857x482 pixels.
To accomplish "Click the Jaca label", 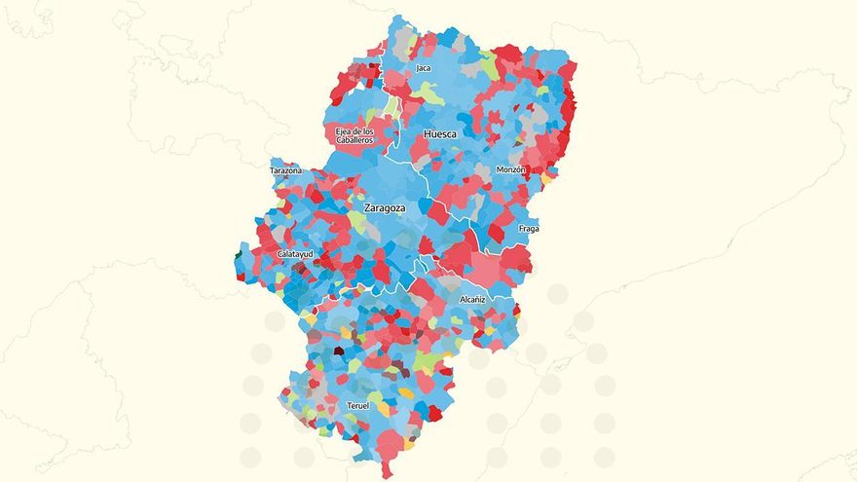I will pyautogui.click(x=423, y=68).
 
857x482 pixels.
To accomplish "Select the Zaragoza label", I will pyautogui.click(x=384, y=208).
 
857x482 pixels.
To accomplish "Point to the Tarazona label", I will pyautogui.click(x=285, y=171).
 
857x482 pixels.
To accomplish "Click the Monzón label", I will pyautogui.click(x=511, y=170).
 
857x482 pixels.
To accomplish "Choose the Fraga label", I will pyautogui.click(x=529, y=229).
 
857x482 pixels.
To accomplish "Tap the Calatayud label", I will pyautogui.click(x=295, y=254).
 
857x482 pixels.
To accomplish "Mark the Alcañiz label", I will pyautogui.click(x=472, y=300).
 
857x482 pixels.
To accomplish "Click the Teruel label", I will pyautogui.click(x=357, y=405).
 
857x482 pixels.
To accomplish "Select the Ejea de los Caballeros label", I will pyautogui.click(x=354, y=135).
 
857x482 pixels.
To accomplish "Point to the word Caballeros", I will pyautogui.click(x=354, y=140).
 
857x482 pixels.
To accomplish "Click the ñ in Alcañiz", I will pyautogui.click(x=477, y=300).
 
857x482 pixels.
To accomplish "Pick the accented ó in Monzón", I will pyautogui.click(x=520, y=170).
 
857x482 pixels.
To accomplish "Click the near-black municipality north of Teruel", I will pyautogui.click(x=339, y=351).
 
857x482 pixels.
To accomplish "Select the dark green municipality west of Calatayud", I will pyautogui.click(x=239, y=257).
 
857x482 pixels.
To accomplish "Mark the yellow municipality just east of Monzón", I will pyautogui.click(x=547, y=178).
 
